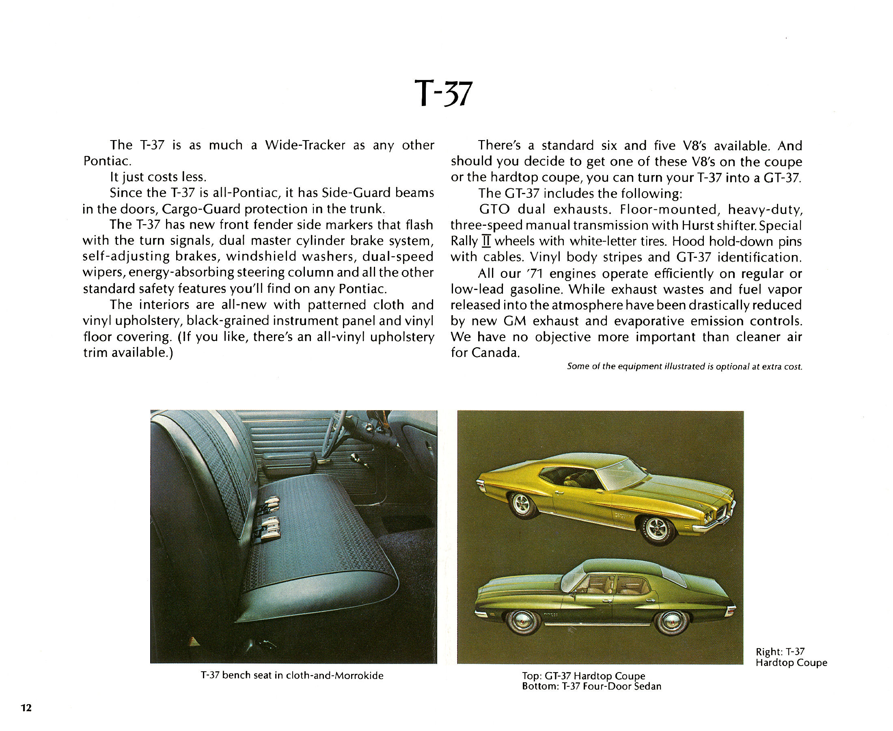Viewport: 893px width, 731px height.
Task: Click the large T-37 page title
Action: click(443, 93)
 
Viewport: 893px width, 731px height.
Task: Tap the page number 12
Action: click(26, 707)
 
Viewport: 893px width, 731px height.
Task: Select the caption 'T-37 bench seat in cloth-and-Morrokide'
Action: click(292, 675)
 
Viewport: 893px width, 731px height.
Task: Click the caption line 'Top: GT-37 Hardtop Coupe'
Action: click(583, 675)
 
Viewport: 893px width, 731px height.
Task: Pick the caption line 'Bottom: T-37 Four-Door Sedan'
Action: click(591, 686)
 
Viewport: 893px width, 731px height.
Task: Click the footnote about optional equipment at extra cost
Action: click(684, 366)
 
